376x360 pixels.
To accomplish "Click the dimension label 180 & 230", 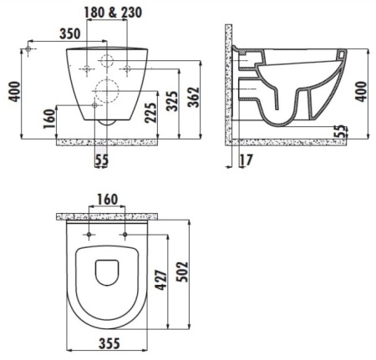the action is (x=113, y=13).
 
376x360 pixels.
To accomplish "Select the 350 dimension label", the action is (x=70, y=34).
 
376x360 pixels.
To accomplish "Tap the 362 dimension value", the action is (x=194, y=97).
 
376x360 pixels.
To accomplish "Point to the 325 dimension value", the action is (x=171, y=101).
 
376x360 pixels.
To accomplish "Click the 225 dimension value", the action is (x=150, y=113).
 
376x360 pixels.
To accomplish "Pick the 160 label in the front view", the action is (x=49, y=119).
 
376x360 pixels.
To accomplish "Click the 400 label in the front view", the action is (x=14, y=92).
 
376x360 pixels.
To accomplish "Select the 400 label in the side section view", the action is (x=362, y=92).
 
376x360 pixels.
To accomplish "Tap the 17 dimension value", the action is (x=246, y=160).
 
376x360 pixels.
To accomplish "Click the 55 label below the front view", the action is (x=102, y=160).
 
